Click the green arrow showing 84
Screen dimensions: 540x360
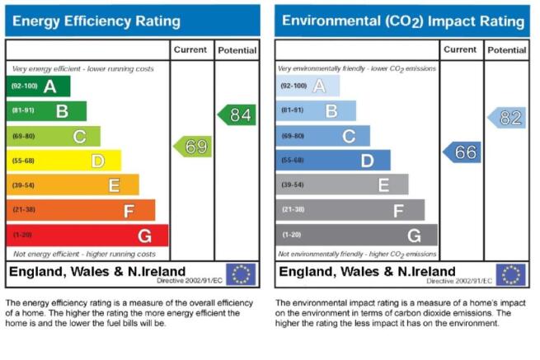click(237, 115)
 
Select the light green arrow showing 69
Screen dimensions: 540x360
click(193, 147)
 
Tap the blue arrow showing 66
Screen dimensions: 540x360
click(463, 152)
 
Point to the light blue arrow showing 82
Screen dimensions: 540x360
click(507, 118)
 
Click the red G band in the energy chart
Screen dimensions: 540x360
click(87, 236)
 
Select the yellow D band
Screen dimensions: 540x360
click(64, 161)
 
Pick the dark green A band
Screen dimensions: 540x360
click(38, 86)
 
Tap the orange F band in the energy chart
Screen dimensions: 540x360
click(81, 210)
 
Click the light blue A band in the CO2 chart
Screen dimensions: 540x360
click(308, 86)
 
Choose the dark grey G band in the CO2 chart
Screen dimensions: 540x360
click(357, 235)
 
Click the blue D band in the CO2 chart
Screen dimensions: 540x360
click(333, 160)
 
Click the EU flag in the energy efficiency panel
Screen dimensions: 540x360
click(241, 274)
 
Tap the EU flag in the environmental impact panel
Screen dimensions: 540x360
click(510, 274)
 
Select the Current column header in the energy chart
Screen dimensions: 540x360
click(190, 50)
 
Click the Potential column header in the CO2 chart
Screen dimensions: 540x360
click(507, 50)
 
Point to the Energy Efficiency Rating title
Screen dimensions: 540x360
click(96, 21)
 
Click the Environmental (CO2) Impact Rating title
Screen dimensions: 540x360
click(403, 21)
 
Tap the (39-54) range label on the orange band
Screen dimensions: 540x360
click(23, 185)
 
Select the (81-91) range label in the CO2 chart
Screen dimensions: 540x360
click(293, 110)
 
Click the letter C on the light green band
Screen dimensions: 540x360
click(79, 137)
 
